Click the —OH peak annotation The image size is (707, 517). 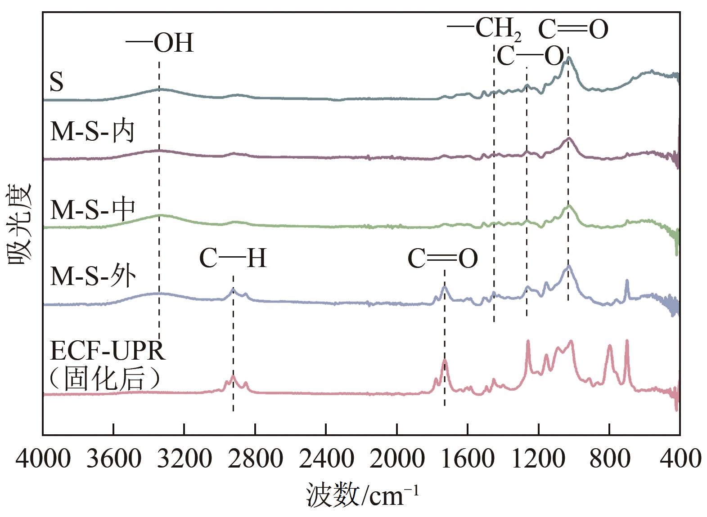160,44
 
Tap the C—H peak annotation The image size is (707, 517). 233,259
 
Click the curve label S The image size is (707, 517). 57,83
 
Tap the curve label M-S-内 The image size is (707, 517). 92,131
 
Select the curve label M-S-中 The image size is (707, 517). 92,209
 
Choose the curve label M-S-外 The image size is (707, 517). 92,276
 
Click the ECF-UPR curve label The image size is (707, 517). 108,351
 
